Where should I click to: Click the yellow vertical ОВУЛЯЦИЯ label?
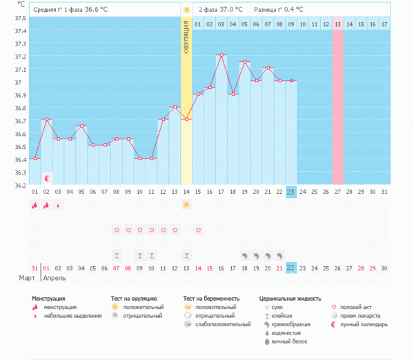(186, 42)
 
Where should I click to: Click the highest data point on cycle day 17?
(221, 55)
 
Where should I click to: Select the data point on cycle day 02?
(46, 119)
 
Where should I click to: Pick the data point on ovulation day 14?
(186, 119)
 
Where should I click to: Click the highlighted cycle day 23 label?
(291, 192)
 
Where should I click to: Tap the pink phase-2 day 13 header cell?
(337, 24)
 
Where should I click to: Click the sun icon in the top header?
(186, 10)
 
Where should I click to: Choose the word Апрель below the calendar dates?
(55, 279)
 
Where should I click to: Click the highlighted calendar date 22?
(291, 268)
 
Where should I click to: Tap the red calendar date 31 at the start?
(34, 268)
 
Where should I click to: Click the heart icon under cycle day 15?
(198, 230)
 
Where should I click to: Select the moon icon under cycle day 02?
(46, 177)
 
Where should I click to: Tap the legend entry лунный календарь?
(362, 323)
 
